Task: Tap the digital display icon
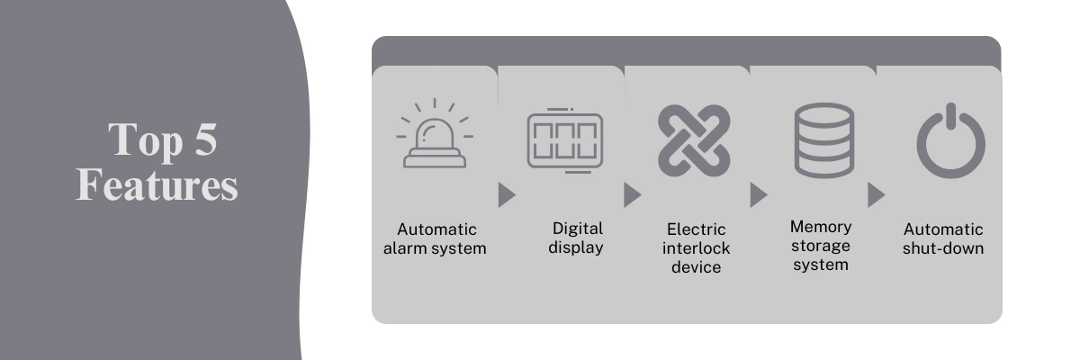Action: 564,140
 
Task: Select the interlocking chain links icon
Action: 694,140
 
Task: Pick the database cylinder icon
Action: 824,140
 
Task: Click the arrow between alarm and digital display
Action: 507,195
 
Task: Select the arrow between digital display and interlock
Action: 632,195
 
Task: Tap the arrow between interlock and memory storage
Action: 759,195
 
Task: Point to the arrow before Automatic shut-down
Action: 876,195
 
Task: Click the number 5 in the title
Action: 205,139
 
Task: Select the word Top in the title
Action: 146,140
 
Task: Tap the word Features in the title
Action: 157,184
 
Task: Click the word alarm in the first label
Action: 405,248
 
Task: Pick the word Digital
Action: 578,229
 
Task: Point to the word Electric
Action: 697,229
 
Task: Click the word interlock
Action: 697,248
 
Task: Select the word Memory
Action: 821,227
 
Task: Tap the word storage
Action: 821,247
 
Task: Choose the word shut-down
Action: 943,248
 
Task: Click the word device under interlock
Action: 697,267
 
